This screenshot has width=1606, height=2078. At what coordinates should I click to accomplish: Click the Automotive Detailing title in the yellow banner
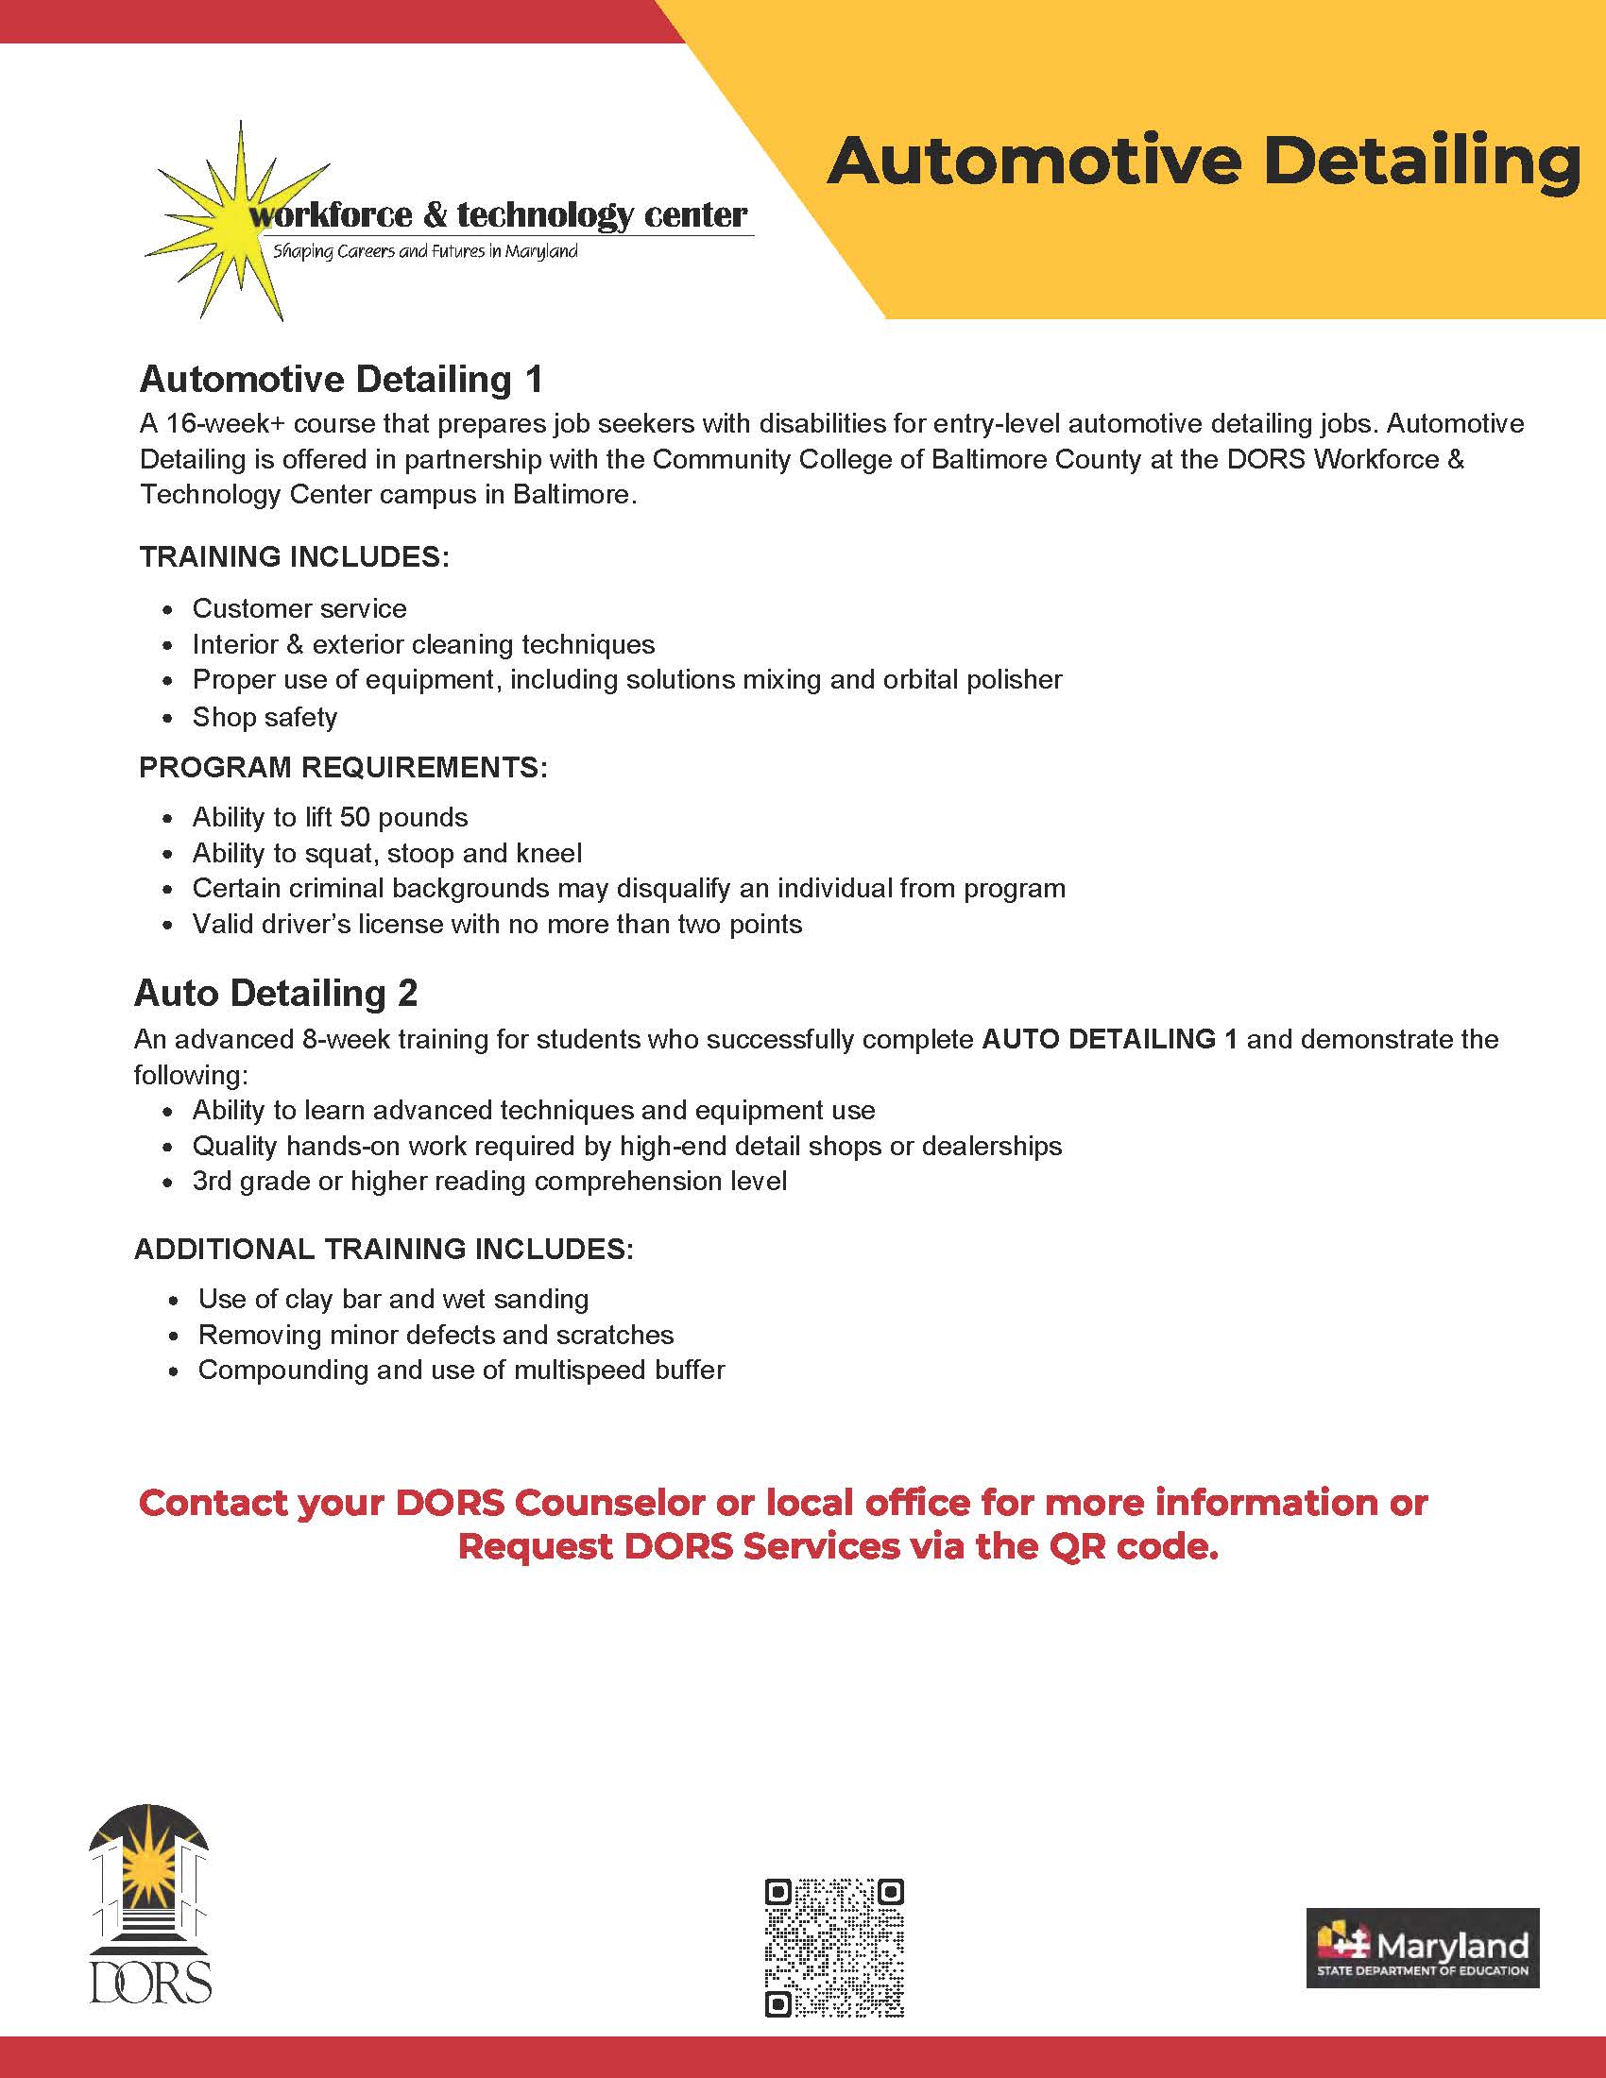click(1203, 162)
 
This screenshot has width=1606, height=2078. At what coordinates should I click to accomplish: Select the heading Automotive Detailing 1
click(341, 380)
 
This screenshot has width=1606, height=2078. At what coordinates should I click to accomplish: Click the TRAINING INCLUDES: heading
click(294, 556)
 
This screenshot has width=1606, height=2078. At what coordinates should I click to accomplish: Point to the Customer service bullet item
click(299, 608)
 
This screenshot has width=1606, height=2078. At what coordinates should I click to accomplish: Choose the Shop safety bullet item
click(265, 717)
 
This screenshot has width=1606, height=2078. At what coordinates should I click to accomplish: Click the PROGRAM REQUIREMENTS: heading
click(344, 767)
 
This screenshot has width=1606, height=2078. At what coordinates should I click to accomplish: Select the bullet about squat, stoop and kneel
click(386, 853)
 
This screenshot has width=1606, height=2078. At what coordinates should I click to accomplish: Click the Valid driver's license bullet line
click(497, 924)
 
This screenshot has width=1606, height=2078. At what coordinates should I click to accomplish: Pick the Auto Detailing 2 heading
click(276, 994)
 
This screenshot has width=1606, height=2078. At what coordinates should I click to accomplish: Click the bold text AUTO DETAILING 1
click(1109, 1039)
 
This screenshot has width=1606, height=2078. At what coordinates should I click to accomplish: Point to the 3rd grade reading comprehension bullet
click(489, 1181)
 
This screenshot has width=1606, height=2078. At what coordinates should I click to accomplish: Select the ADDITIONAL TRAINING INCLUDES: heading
click(384, 1250)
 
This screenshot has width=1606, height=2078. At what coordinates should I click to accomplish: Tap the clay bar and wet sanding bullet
click(393, 1299)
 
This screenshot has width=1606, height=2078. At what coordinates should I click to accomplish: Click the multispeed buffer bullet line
click(460, 1371)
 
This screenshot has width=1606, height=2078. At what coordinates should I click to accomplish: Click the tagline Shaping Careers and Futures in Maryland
click(425, 252)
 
